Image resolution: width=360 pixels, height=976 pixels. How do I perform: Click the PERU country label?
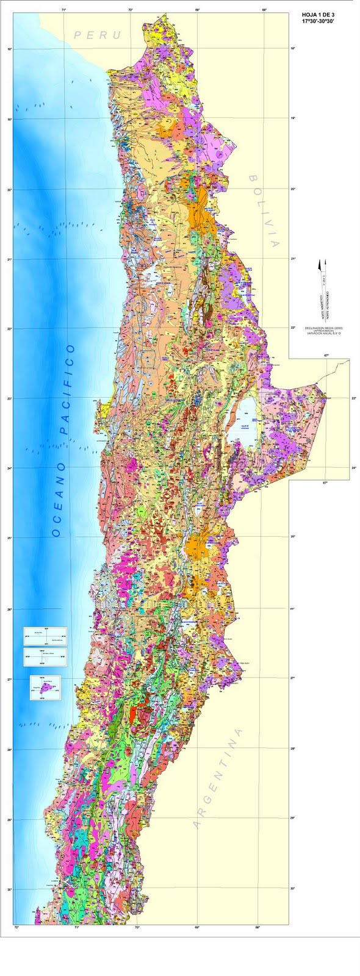coord(98,35)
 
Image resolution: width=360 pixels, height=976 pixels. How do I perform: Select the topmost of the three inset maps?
coord(45,636)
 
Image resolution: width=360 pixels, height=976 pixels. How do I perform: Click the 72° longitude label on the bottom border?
coord(17,928)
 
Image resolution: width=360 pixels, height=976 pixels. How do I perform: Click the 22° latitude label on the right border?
coord(293,328)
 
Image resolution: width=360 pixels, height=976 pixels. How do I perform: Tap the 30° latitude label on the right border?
coord(293,889)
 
